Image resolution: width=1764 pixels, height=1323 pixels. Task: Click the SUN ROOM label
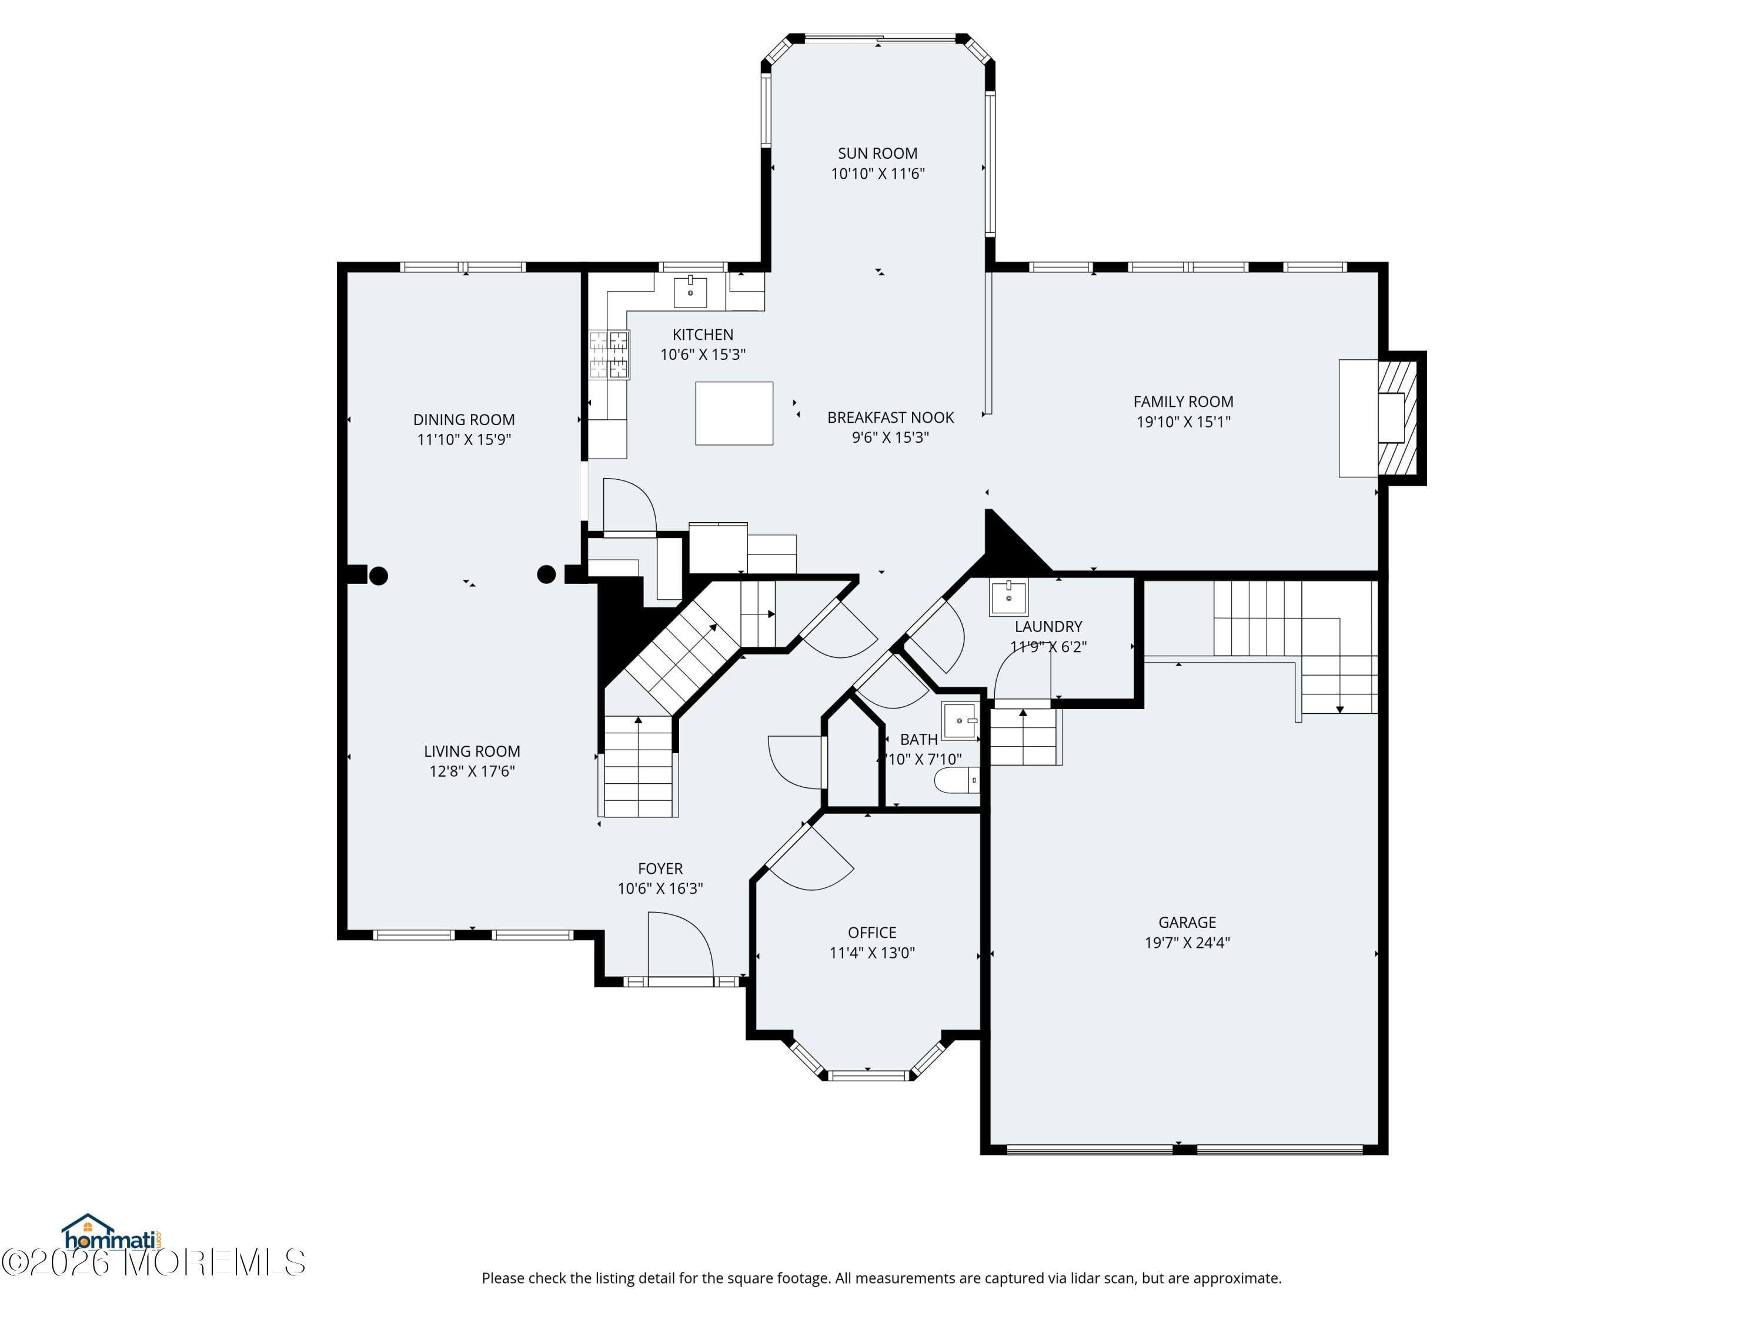tap(877, 153)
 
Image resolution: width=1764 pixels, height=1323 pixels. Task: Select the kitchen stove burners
tap(609, 355)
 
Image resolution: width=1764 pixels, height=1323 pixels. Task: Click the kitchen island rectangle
tap(734, 413)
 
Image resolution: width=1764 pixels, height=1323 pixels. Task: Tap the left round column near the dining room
tap(379, 576)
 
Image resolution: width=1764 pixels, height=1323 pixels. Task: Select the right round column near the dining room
tap(546, 574)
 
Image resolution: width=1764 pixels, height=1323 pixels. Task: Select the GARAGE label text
tap(1187, 923)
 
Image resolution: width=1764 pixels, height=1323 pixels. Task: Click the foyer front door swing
tap(680, 944)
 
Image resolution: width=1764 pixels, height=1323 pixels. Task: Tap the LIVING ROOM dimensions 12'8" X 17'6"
tap(472, 771)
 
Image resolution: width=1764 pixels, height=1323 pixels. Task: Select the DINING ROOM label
tap(463, 419)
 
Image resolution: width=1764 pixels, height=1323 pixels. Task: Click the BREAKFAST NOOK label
tap(890, 418)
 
